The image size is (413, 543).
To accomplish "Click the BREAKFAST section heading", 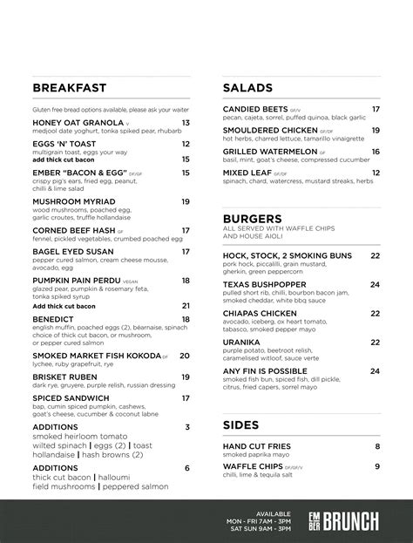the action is coord(69,88).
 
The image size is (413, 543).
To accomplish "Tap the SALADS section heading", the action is coord(247,88).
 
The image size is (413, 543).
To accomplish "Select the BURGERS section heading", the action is coord(252,218).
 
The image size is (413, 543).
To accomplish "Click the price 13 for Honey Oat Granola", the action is coord(186,124).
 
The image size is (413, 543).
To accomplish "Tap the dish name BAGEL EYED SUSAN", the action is coord(73,252).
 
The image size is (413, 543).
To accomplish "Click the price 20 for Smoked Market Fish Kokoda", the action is coord(185,356).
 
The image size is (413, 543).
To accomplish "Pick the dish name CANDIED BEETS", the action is coord(256,109).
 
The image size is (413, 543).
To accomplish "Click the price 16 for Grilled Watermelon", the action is coord(376,151).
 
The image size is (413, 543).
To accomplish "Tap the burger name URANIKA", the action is coord(243,343).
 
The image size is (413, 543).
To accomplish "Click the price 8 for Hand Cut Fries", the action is coord(378,446).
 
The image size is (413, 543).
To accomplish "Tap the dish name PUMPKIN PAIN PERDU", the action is coord(79,280).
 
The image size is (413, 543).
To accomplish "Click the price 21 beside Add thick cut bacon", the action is coord(186,306).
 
